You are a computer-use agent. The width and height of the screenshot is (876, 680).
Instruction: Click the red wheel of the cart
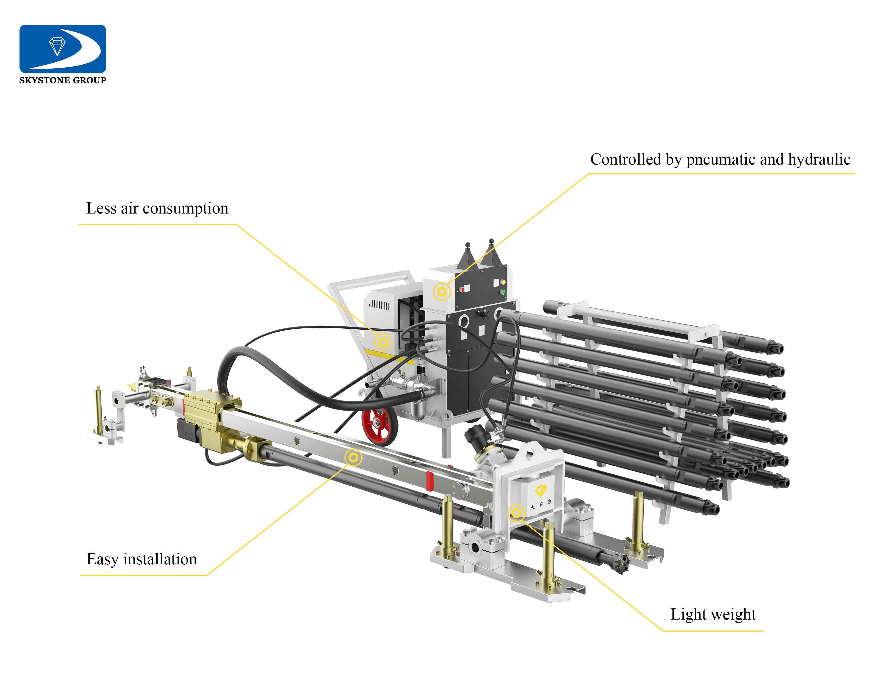[x=379, y=427]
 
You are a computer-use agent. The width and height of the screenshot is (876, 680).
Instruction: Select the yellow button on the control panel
[x=504, y=282]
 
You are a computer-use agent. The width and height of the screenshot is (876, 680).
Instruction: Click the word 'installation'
[x=160, y=559]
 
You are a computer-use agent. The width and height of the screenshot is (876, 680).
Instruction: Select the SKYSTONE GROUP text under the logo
[x=63, y=80]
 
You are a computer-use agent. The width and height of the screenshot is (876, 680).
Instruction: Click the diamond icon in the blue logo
[x=57, y=46]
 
